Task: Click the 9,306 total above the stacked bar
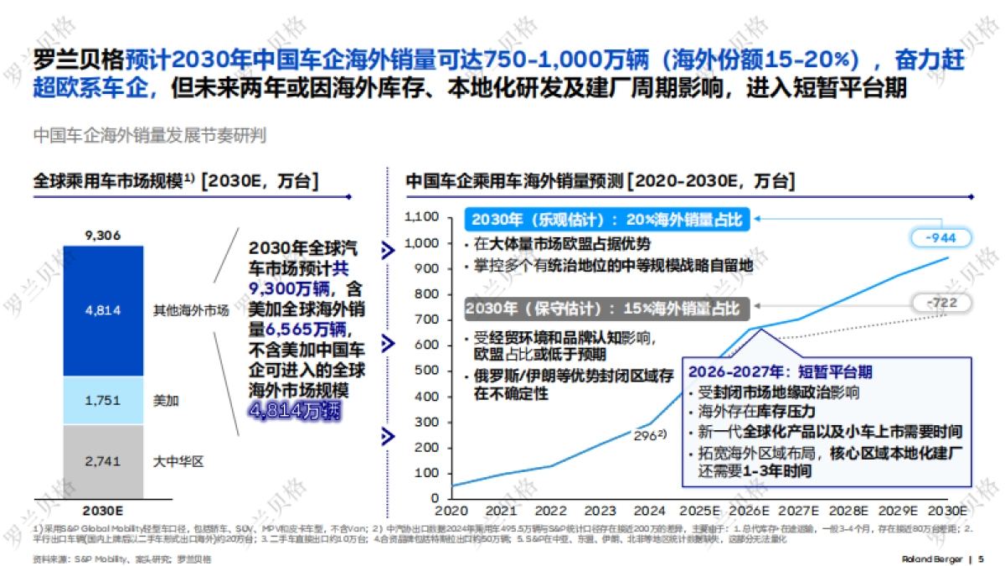(103, 235)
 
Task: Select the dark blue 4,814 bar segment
(103, 310)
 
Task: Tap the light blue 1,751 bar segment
(103, 401)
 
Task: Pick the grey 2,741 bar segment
(103, 460)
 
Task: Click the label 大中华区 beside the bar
(178, 461)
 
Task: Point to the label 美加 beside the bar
(166, 401)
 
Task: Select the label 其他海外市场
(191, 310)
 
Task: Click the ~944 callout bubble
(940, 238)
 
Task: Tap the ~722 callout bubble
(940, 303)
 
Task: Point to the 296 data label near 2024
(647, 435)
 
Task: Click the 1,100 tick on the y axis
(422, 217)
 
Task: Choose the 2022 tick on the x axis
(551, 510)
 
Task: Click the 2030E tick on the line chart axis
(946, 510)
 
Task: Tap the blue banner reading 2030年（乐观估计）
(606, 219)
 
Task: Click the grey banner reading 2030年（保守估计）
(606, 309)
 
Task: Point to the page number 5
(982, 558)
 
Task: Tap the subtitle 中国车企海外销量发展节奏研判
(150, 135)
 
